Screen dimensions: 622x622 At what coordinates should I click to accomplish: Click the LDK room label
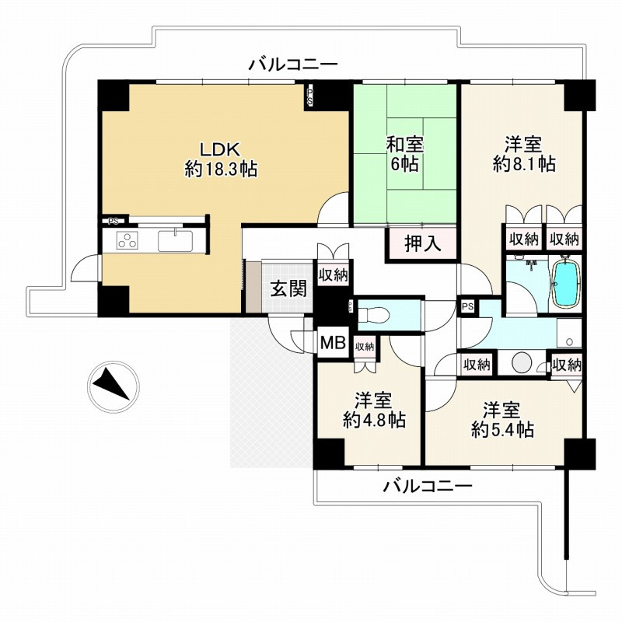220,150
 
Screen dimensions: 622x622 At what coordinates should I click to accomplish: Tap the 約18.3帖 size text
221,169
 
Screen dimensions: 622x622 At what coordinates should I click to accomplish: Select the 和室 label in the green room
405,145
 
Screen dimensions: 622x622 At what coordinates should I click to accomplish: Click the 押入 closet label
422,243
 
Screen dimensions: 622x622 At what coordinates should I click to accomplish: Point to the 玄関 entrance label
289,288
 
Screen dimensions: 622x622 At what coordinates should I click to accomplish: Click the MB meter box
333,343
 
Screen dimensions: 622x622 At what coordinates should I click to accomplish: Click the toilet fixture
373,316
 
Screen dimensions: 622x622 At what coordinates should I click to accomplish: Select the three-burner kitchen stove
128,241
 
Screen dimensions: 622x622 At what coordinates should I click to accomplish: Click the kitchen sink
176,241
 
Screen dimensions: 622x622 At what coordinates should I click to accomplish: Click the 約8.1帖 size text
524,164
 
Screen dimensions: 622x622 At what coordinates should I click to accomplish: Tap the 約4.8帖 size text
374,420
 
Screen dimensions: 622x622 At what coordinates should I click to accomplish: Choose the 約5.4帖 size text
502,429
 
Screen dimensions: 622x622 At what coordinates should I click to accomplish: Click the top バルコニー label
293,65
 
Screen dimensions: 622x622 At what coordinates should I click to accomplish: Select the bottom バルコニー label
428,486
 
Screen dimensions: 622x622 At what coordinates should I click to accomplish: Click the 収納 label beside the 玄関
334,275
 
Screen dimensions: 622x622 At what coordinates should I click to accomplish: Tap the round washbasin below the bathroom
522,362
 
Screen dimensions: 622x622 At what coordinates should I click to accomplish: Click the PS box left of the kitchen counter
114,221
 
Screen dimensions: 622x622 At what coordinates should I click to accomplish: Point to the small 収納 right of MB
365,347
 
